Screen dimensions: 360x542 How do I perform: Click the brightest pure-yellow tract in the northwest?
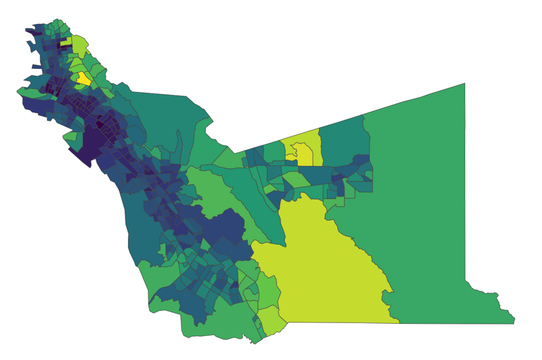[x=84, y=79]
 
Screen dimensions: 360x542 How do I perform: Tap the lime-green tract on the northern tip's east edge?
[x=80, y=45]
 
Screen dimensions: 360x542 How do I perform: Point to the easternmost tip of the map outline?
[x=514, y=323]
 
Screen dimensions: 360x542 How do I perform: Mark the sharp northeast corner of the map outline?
[x=465, y=84]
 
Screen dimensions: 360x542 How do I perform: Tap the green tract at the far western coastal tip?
[x=27, y=92]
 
